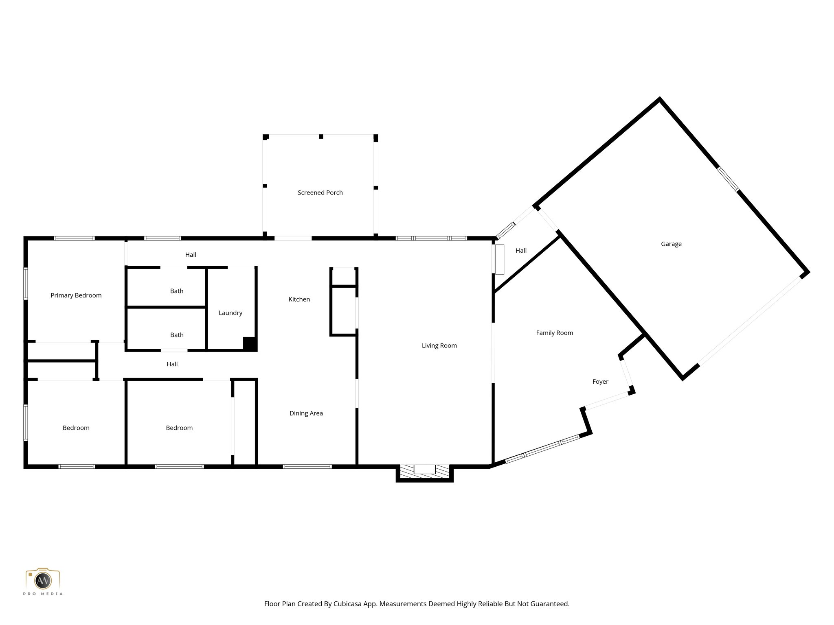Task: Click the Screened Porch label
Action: (x=320, y=192)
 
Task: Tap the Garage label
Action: (x=671, y=244)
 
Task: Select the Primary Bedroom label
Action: (x=76, y=295)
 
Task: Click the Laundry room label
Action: (x=230, y=313)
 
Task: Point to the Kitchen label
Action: (x=299, y=299)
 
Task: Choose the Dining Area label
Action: (x=306, y=413)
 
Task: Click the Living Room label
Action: (x=439, y=345)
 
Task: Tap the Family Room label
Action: (x=554, y=333)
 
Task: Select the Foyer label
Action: (x=600, y=382)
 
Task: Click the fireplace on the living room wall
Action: (x=425, y=471)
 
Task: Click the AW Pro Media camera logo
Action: (x=43, y=580)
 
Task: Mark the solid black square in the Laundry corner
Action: (x=250, y=344)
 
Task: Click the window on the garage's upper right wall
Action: (x=728, y=179)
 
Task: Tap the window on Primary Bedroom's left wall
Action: (x=26, y=283)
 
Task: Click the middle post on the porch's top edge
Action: (x=321, y=137)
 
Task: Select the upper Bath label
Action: (x=177, y=291)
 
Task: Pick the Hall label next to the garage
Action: (x=521, y=251)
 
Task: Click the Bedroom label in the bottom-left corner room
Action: (x=76, y=428)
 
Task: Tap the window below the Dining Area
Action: (x=307, y=466)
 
